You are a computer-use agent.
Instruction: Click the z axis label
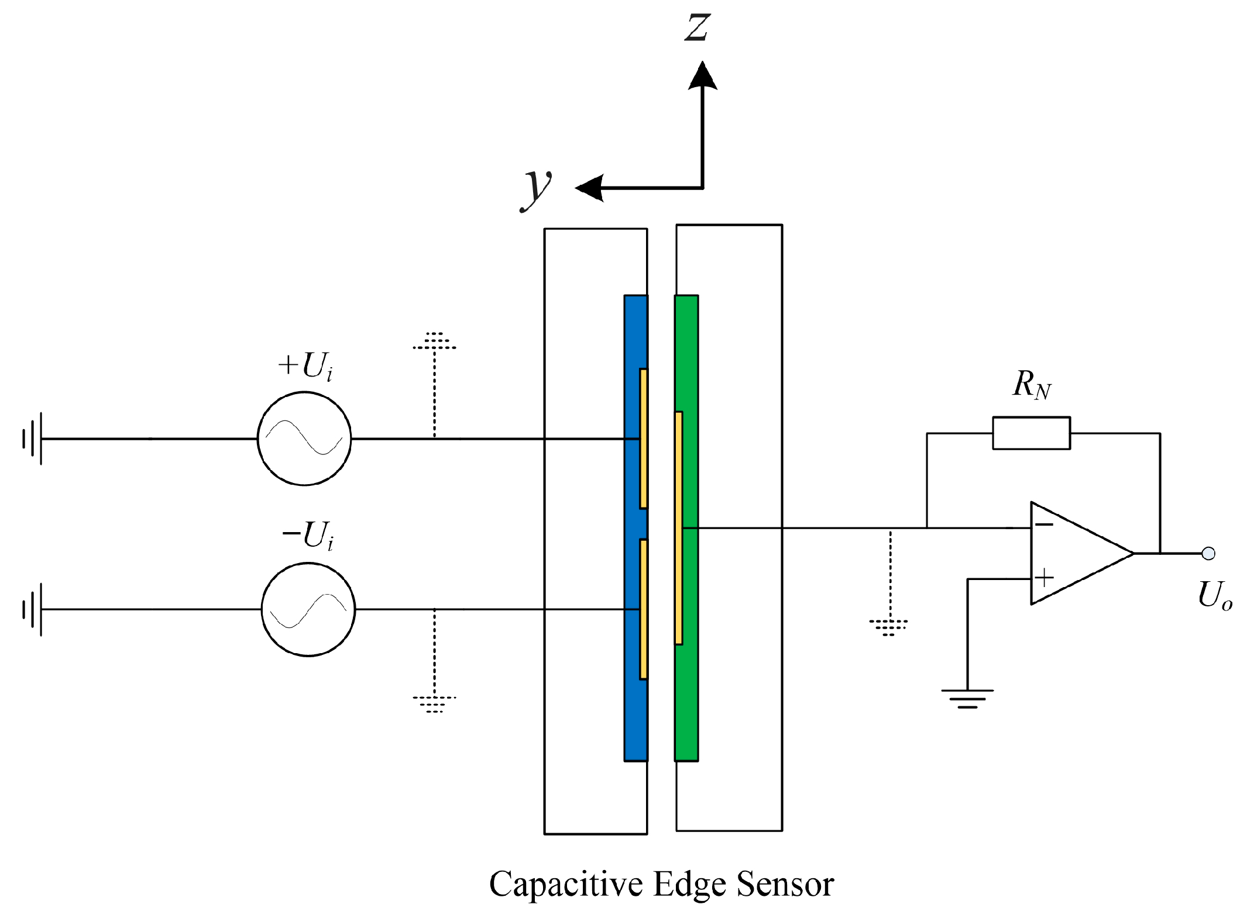(x=697, y=27)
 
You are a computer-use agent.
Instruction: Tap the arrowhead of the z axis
(x=702, y=76)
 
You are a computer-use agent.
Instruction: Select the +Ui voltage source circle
(x=304, y=438)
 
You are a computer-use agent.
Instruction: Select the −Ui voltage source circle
(x=308, y=609)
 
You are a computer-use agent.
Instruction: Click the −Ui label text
(x=308, y=535)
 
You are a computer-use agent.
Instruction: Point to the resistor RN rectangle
(x=1031, y=433)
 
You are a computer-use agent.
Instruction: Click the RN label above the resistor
(x=1031, y=385)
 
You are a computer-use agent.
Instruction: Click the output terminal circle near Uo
(x=1208, y=553)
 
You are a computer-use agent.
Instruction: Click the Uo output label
(x=1214, y=595)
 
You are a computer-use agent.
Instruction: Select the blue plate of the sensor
(x=632, y=719)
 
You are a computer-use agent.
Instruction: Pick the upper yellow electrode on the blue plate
(x=643, y=438)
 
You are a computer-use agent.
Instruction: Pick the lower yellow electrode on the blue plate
(x=643, y=609)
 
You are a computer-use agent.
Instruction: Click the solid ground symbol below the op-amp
(x=967, y=698)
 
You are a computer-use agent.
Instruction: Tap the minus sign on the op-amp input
(x=1044, y=524)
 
